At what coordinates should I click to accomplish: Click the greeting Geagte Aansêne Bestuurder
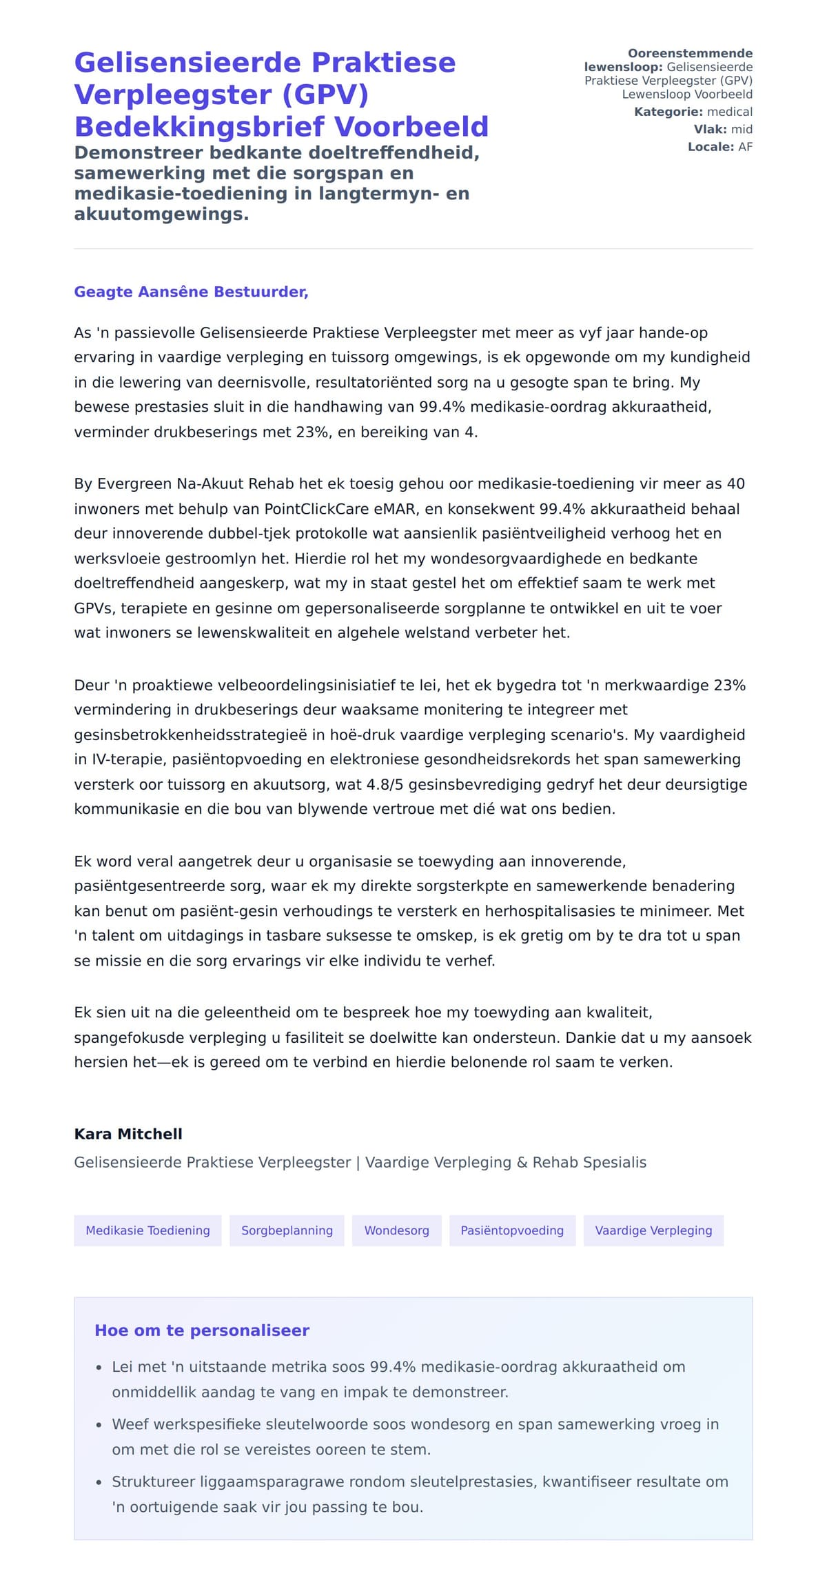(191, 292)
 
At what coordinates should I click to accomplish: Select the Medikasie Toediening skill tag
(147, 1230)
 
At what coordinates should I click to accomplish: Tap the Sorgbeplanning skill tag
(287, 1230)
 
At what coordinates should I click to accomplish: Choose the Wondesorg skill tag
(396, 1230)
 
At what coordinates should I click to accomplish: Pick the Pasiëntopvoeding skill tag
(512, 1230)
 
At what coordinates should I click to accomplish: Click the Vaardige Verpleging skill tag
(653, 1230)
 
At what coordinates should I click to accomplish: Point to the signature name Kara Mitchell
(128, 1134)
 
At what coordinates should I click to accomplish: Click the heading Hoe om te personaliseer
(202, 1330)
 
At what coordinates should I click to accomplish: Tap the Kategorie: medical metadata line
(693, 112)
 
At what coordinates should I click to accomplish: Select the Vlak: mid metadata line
(723, 129)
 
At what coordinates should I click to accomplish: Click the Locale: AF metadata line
(719, 147)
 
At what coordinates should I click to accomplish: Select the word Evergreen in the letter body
(134, 484)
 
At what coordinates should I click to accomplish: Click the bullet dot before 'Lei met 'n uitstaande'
(99, 1368)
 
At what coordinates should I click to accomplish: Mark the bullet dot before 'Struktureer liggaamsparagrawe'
(99, 1482)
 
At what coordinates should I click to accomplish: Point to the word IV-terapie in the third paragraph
(128, 759)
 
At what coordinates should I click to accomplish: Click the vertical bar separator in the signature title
(358, 1163)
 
